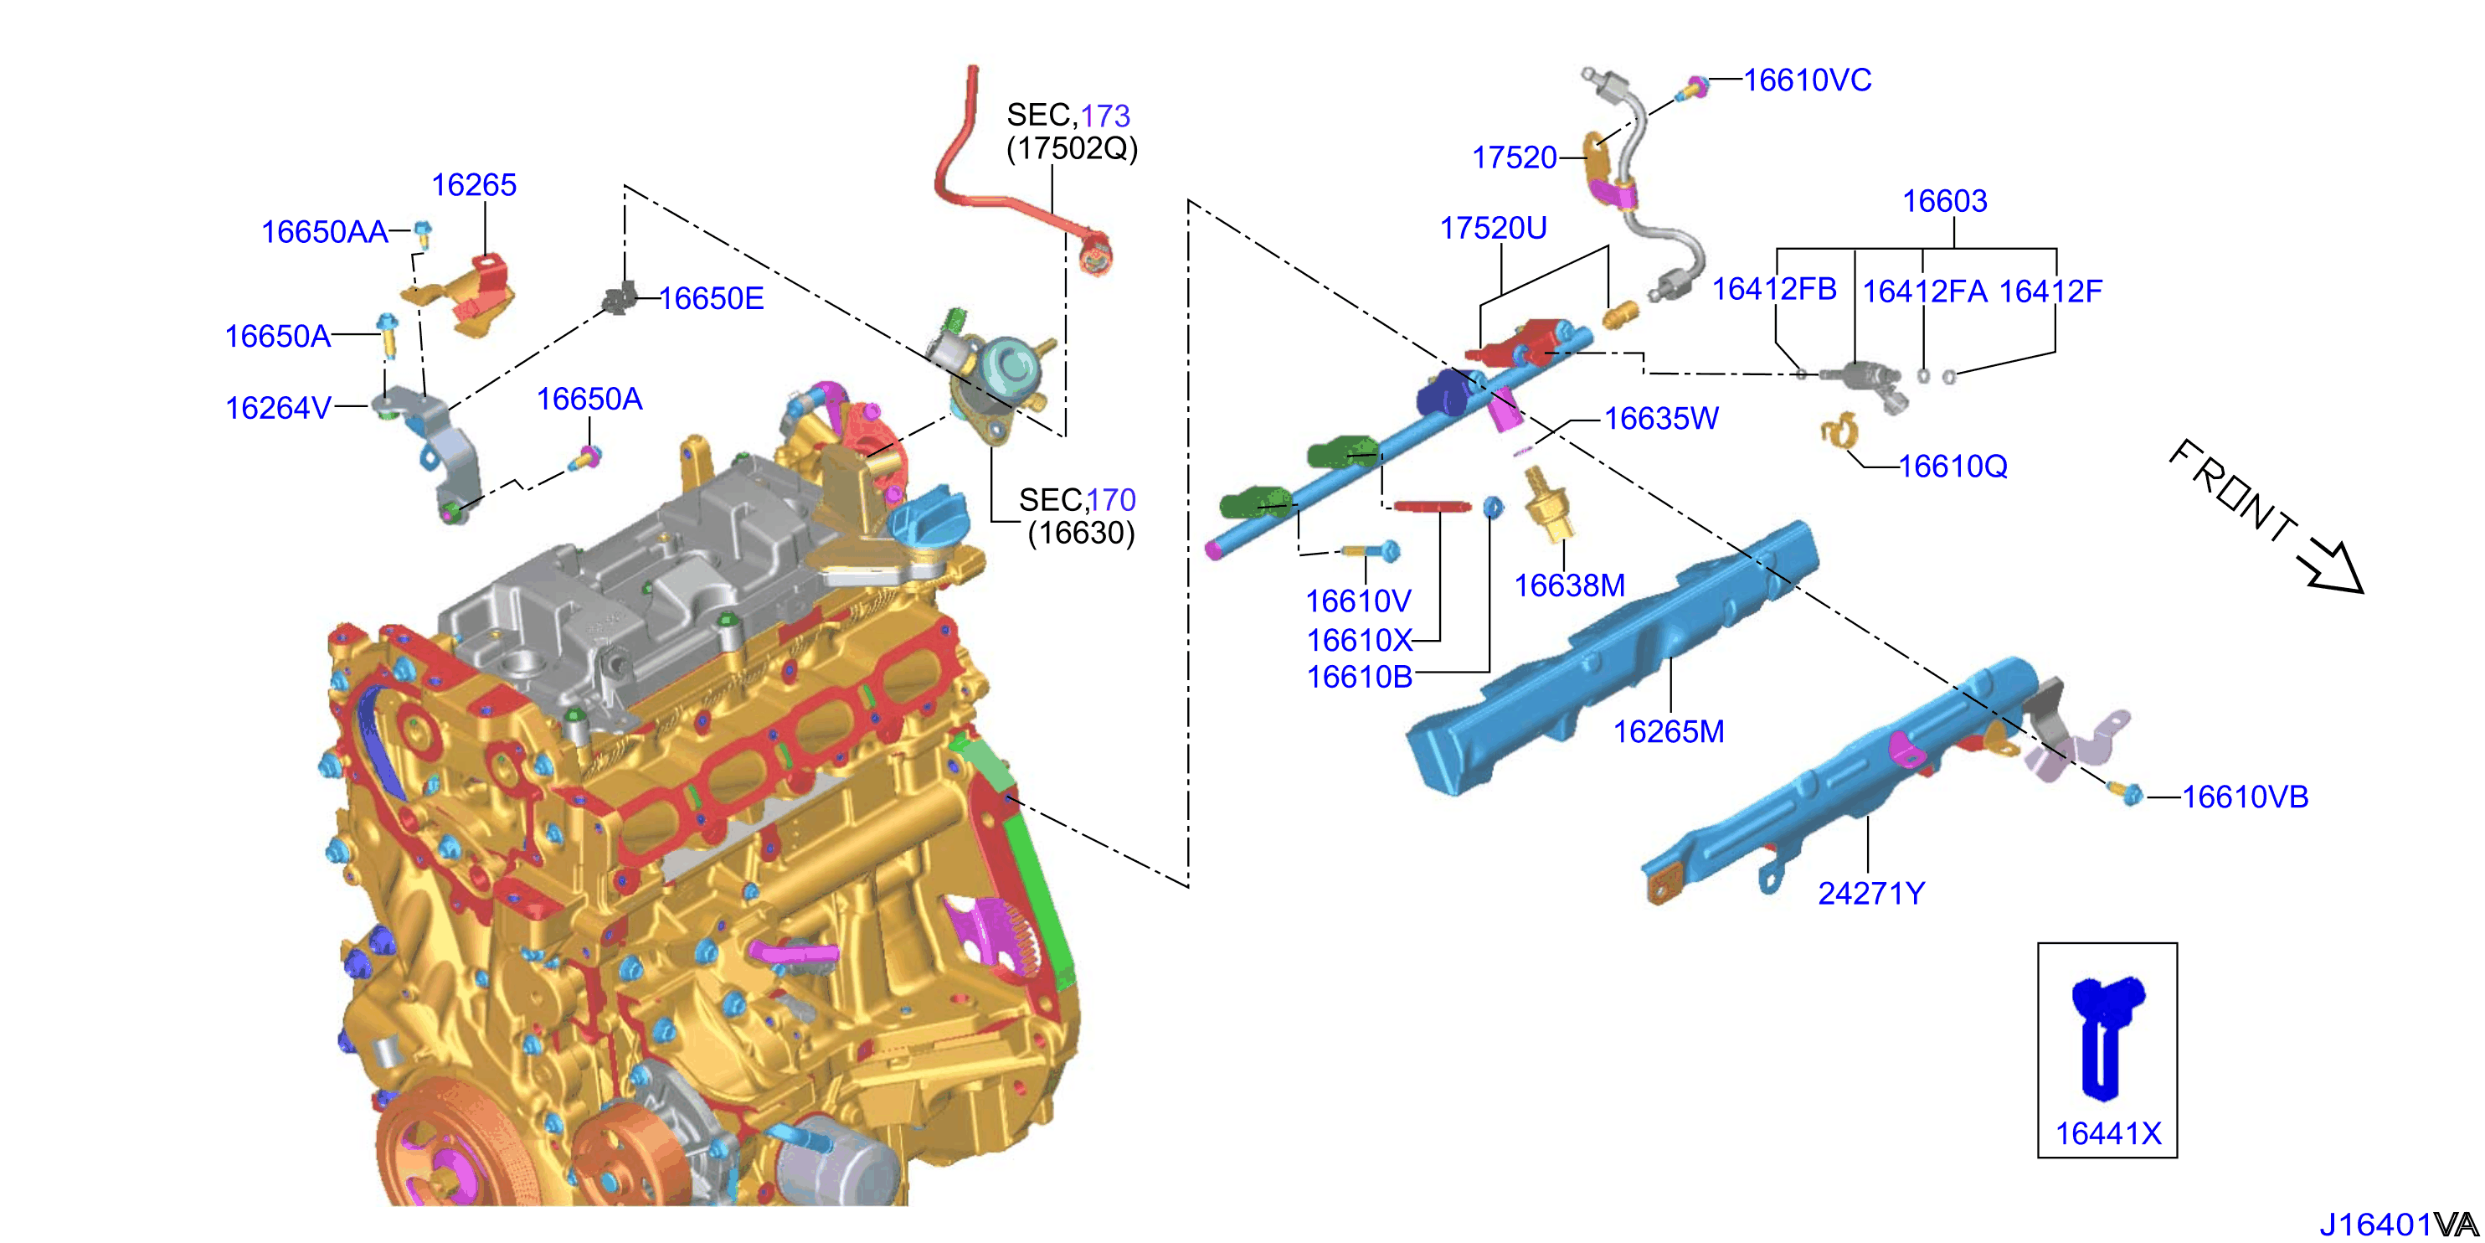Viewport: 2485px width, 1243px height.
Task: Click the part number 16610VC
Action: [1807, 80]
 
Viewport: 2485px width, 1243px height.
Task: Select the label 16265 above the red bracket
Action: [474, 184]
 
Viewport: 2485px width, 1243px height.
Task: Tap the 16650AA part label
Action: [325, 232]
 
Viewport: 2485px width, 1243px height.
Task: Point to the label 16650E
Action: [712, 298]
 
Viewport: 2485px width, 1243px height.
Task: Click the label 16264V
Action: [279, 407]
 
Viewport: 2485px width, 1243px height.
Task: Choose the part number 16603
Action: [1945, 201]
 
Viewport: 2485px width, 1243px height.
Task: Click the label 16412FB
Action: [1774, 288]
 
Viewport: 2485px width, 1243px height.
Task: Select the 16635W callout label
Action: [1661, 418]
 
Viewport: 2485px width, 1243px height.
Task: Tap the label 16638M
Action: [1570, 585]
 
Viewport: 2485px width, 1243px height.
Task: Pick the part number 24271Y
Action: [1871, 893]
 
